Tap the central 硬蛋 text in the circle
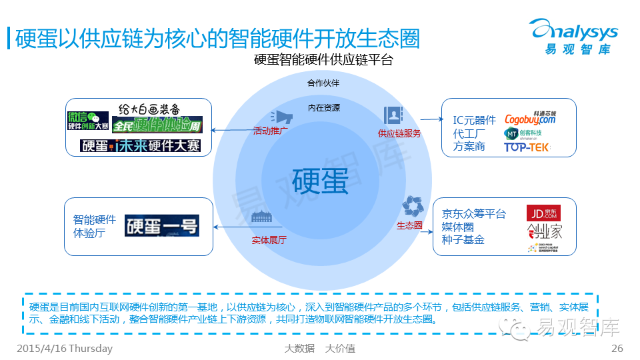(321, 180)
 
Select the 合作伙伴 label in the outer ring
(323, 83)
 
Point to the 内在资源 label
(323, 107)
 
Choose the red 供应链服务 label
(399, 133)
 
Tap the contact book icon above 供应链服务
(393, 115)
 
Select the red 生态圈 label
(409, 225)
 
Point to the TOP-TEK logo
(527, 147)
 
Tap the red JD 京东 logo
(543, 213)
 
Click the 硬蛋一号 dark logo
(162, 225)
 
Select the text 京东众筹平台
(474, 214)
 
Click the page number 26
(617, 349)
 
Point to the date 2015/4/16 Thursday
(64, 349)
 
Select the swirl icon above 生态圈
(410, 206)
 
